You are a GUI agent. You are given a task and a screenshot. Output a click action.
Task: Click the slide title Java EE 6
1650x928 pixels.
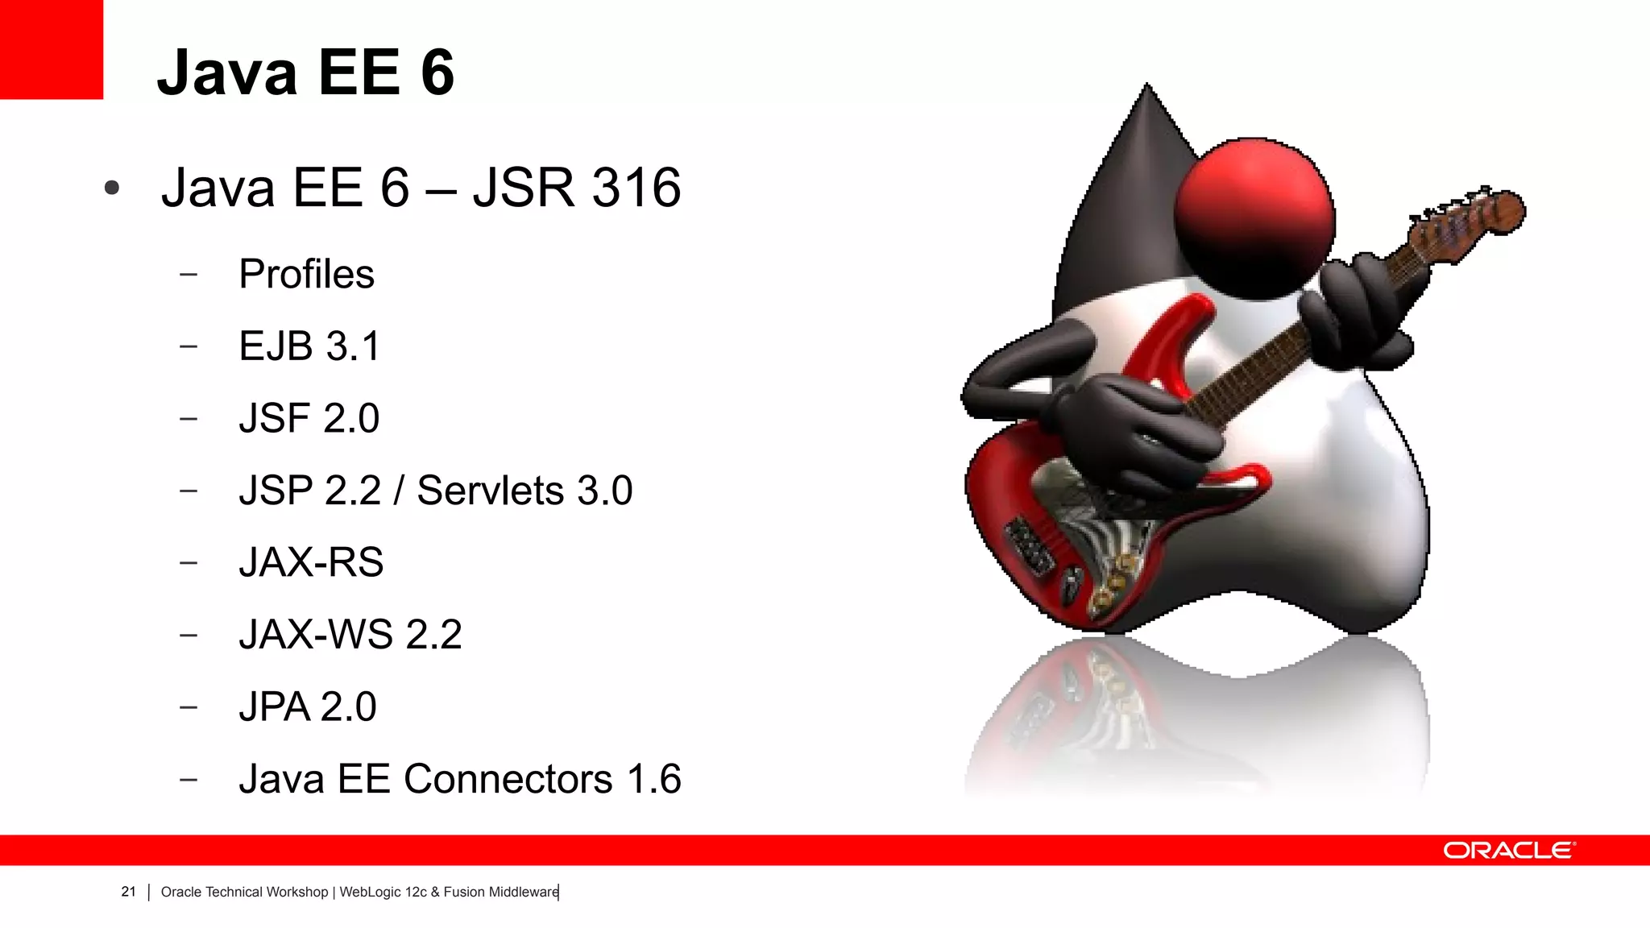305,72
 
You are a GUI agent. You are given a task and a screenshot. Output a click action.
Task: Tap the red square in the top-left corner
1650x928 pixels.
51,49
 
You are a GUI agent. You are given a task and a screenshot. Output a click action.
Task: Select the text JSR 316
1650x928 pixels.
577,188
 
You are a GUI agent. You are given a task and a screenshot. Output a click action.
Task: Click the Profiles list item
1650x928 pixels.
306,274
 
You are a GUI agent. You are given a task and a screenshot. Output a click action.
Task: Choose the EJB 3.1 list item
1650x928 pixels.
309,346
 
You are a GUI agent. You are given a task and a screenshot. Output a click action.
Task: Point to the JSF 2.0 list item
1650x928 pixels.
309,418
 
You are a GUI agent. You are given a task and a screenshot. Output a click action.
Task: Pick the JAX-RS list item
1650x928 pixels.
311,562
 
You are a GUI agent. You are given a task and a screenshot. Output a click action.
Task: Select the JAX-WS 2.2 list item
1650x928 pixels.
350,635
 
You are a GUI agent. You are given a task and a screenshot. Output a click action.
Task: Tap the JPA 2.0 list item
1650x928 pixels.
307,706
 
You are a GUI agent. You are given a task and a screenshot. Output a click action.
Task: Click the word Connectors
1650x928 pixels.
508,779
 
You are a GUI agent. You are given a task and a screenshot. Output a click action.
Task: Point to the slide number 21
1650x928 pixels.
128,892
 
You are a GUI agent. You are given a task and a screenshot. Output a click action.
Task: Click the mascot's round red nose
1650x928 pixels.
1254,216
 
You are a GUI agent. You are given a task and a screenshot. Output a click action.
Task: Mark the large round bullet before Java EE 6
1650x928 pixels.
112,188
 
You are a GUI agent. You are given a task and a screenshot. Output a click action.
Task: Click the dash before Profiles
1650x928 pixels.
189,275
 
